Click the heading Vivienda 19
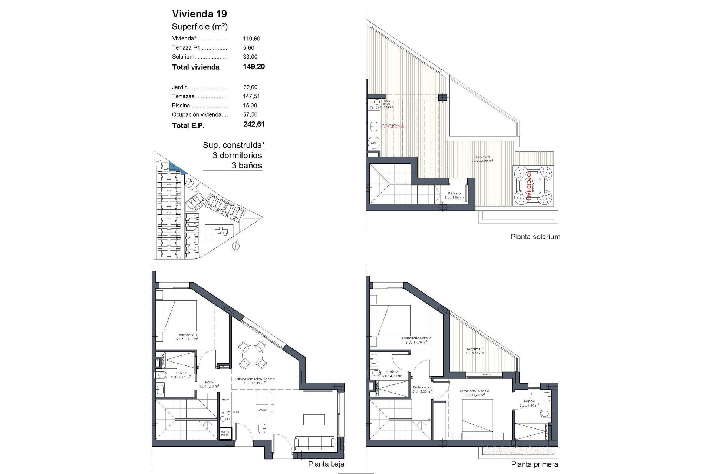200,14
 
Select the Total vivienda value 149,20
254,67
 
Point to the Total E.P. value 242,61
254,124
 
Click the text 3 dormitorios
237,156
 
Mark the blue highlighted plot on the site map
177,167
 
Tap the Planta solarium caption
535,237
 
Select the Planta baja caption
326,464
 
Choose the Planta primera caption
534,464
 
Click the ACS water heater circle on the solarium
374,143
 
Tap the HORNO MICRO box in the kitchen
225,434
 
